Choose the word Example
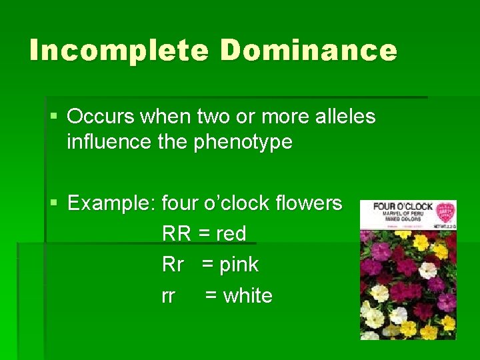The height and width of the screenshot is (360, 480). click(x=111, y=203)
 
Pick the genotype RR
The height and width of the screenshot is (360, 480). click(x=176, y=234)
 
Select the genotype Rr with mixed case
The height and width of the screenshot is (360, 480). click(x=173, y=265)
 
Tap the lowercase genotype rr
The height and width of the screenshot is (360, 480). click(x=168, y=296)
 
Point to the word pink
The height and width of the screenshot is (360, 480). click(x=239, y=265)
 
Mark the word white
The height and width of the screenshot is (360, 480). click(x=248, y=296)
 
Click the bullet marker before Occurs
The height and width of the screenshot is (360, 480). click(x=54, y=117)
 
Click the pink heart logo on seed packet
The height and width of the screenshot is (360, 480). click(x=445, y=213)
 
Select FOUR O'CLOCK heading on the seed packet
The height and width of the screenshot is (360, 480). click(x=403, y=207)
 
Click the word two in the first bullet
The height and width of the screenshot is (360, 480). click(x=212, y=117)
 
